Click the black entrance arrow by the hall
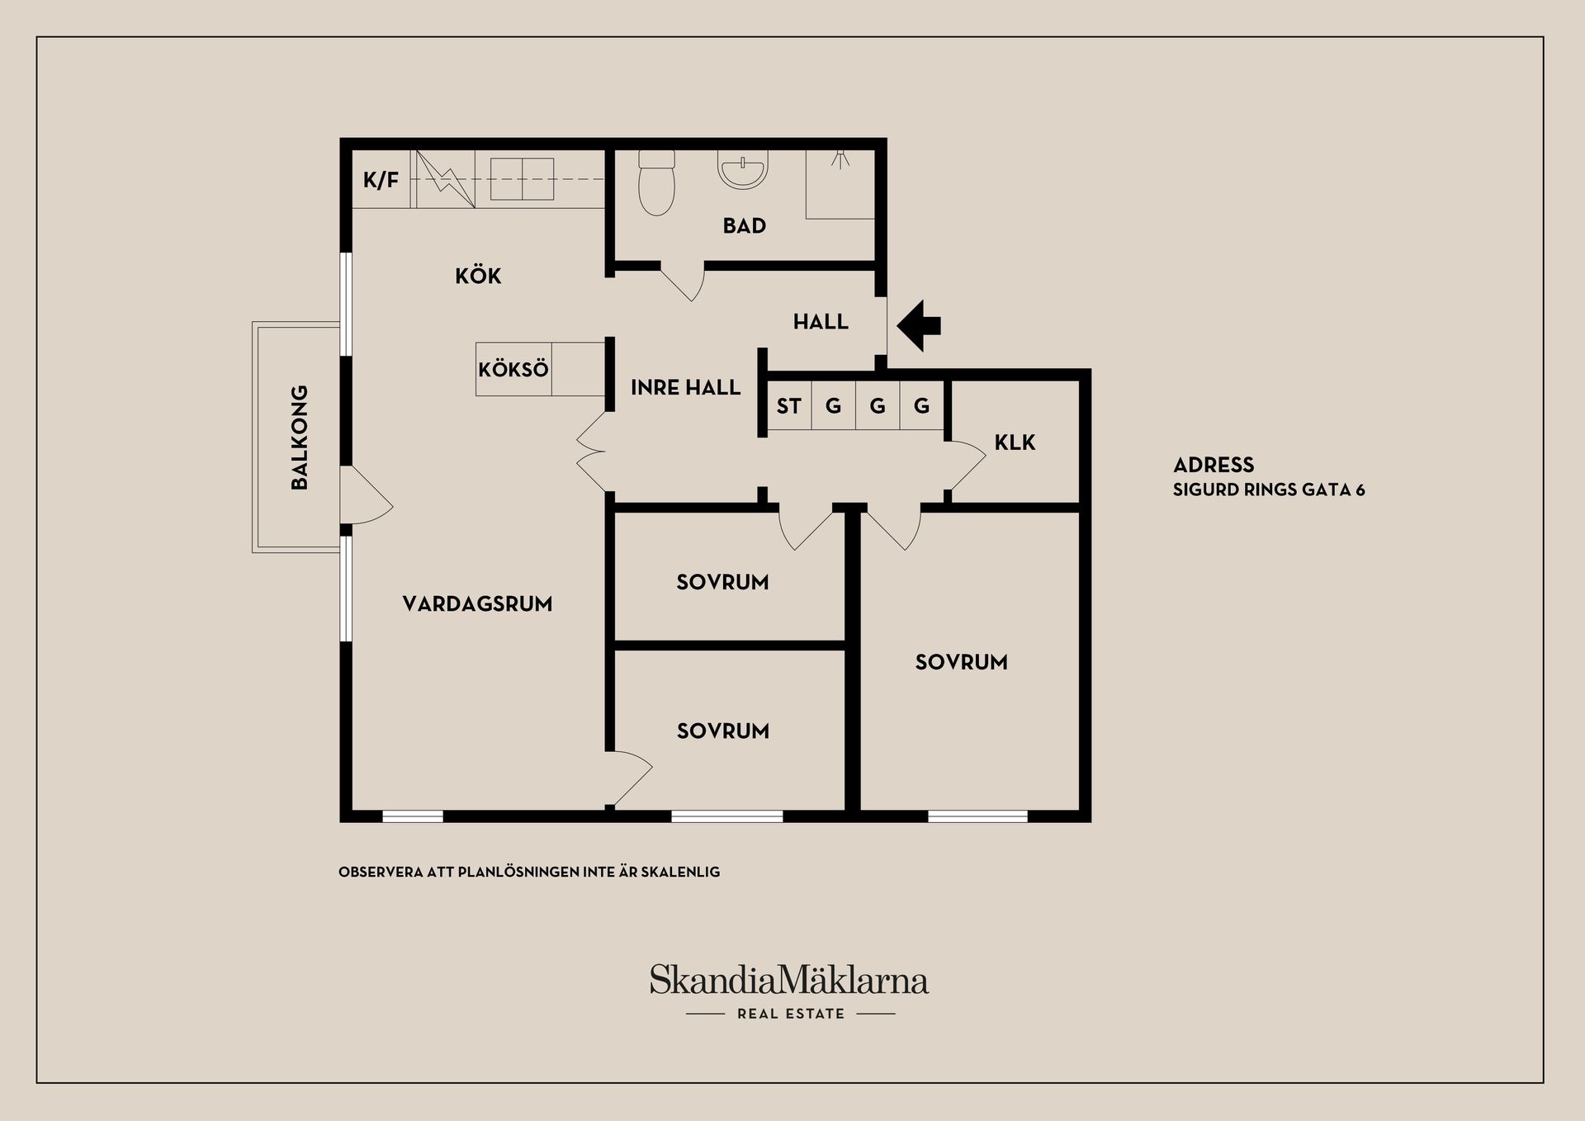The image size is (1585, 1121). [x=918, y=325]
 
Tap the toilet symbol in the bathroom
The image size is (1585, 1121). [x=656, y=183]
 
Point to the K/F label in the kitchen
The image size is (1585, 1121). [x=381, y=180]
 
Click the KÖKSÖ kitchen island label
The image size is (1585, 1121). [x=513, y=369]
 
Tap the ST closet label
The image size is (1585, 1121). [x=788, y=406]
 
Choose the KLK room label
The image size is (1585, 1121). [x=1015, y=442]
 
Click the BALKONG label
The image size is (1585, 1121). [x=300, y=438]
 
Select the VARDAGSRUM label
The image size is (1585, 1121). [x=477, y=604]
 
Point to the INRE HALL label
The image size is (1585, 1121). [x=685, y=388]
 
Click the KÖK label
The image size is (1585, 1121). [x=478, y=275]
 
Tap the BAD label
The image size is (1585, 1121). [x=745, y=225]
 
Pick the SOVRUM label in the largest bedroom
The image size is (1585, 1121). [x=961, y=662]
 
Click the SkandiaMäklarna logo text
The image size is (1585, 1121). [x=789, y=980]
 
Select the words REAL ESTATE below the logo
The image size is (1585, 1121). [x=791, y=1014]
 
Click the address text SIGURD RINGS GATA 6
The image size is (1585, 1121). [x=1269, y=490]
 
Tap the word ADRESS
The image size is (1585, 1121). [x=1214, y=465]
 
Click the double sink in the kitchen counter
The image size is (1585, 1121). [x=522, y=179]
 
